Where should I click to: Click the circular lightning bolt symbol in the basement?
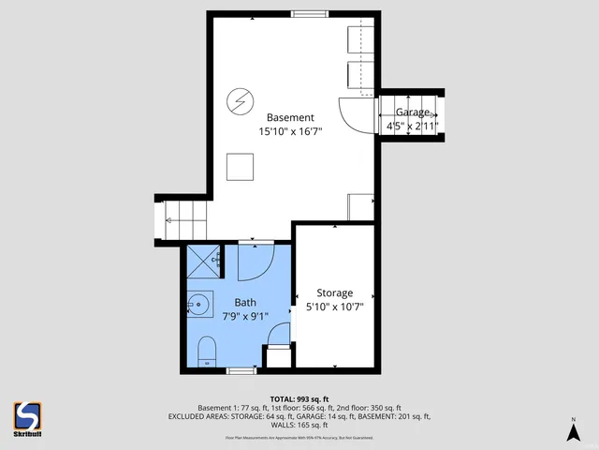pyautogui.click(x=241, y=98)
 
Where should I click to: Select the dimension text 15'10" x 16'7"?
pyautogui.click(x=290, y=132)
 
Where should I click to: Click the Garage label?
pyautogui.click(x=413, y=112)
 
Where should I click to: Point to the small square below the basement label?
pyautogui.click(x=241, y=167)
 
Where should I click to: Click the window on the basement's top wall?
pyautogui.click(x=309, y=14)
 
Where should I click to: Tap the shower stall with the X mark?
pyautogui.click(x=203, y=262)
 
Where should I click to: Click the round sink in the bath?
pyautogui.click(x=198, y=303)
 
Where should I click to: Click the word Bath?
pyautogui.click(x=245, y=302)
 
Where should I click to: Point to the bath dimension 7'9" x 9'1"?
pyautogui.click(x=245, y=317)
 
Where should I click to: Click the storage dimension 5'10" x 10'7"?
pyautogui.click(x=334, y=307)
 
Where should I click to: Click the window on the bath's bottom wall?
pyautogui.click(x=241, y=371)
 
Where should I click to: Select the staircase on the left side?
pyautogui.click(x=180, y=221)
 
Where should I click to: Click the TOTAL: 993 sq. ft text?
pyautogui.click(x=299, y=398)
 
